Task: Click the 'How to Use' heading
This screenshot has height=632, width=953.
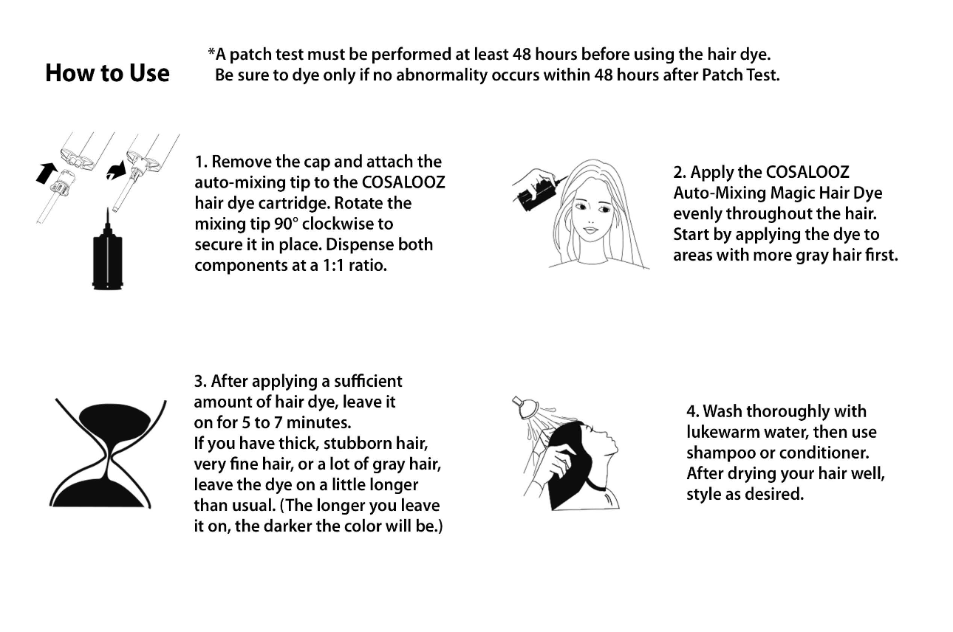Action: coord(107,73)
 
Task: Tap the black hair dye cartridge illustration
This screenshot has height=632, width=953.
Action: coord(106,255)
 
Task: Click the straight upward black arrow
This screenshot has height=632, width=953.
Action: coord(47,174)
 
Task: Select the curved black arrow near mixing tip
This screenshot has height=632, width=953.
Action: coord(115,171)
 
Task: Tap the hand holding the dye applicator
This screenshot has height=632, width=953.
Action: coord(530,179)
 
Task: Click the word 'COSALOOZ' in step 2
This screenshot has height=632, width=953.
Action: coord(807,172)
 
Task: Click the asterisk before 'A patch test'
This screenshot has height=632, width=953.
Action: coord(211,53)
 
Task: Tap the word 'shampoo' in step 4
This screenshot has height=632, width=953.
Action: coord(715,453)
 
